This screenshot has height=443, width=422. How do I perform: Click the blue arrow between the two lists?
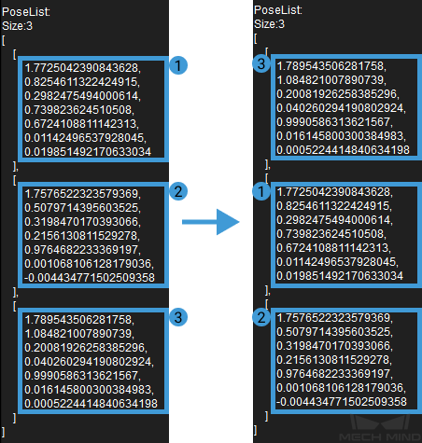click(x=211, y=222)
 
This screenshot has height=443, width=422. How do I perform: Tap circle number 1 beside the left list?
click(x=178, y=65)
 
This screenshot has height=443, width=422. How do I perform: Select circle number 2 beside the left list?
click(x=178, y=191)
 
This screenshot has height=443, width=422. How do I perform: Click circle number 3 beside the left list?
click(x=178, y=317)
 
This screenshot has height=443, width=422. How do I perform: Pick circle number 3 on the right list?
click(x=261, y=63)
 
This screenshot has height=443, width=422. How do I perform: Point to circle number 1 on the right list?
click(x=261, y=191)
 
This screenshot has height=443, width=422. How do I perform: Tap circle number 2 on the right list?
click(x=261, y=317)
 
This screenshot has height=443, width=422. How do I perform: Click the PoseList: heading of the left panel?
click(x=26, y=12)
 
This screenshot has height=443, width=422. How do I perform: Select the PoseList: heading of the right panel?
click(x=278, y=10)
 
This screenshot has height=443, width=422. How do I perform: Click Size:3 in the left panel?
click(x=17, y=26)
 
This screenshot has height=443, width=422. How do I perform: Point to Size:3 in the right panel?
click(x=269, y=24)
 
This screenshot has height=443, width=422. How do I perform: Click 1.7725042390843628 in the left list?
click(x=82, y=68)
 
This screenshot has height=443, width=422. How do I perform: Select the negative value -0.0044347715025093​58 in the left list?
click(x=90, y=278)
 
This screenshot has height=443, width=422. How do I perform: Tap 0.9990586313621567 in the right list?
click(x=334, y=122)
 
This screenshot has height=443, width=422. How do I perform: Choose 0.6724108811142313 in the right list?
click(x=333, y=248)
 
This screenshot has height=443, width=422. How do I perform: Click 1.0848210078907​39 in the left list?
click(x=79, y=334)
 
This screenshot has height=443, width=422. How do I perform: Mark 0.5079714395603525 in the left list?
click(x=82, y=208)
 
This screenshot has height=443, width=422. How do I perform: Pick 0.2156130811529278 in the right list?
click(x=334, y=360)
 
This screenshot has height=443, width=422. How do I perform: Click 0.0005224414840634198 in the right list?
click(x=343, y=150)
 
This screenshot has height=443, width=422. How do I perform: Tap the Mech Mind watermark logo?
click(x=380, y=428)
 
